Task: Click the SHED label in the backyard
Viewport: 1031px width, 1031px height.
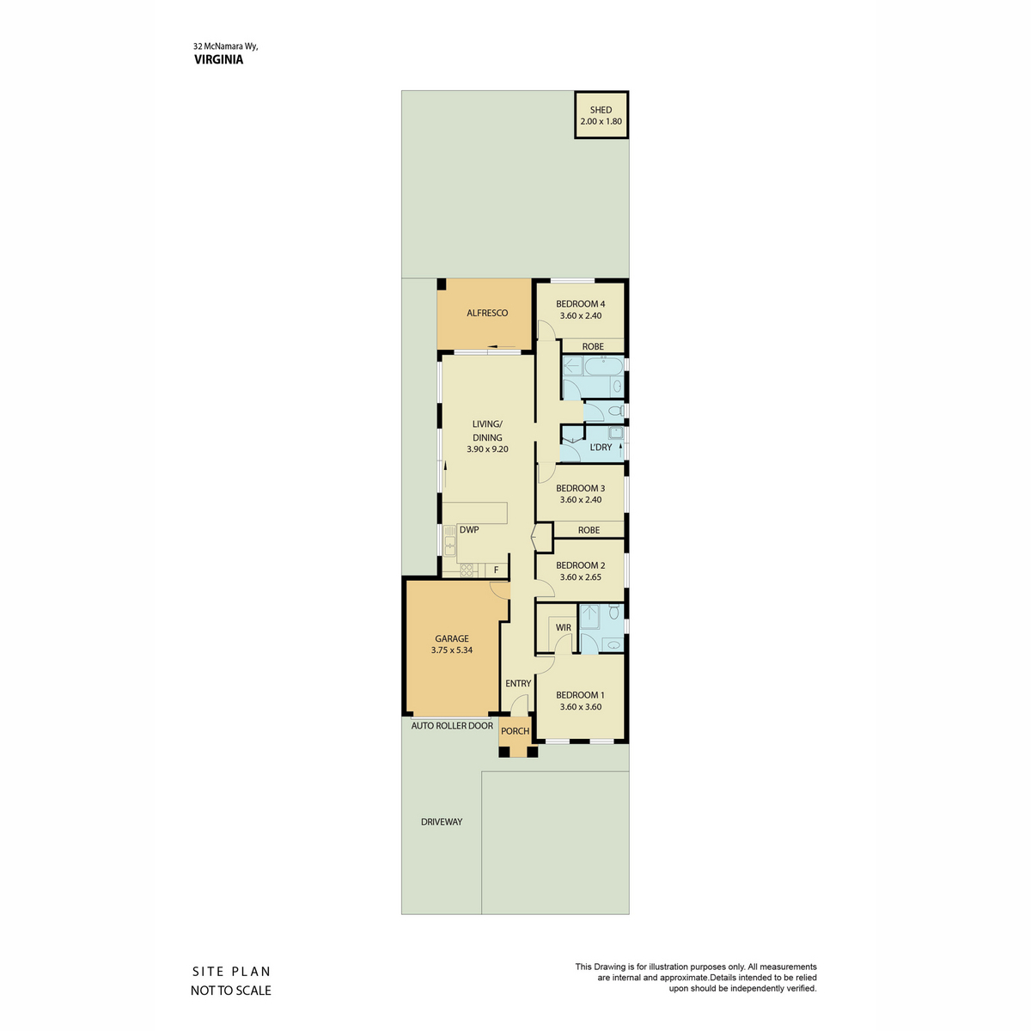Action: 601,110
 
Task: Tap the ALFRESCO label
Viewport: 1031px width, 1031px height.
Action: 487,313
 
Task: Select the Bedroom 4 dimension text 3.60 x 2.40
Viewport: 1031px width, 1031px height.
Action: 581,315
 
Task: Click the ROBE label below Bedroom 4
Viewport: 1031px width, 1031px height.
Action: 593,347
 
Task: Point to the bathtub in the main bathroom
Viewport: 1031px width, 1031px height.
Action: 603,367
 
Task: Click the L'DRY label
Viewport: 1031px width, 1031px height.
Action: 601,448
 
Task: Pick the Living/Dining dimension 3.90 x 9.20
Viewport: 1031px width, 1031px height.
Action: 487,449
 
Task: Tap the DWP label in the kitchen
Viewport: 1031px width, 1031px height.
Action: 469,530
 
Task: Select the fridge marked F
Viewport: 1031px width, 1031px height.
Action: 496,570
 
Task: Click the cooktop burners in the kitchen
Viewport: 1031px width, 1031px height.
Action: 467,570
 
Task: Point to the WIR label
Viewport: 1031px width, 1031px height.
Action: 563,627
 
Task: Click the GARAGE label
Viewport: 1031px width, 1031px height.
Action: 452,639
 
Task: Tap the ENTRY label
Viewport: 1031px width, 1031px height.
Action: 518,684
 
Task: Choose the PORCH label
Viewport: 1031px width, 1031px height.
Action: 515,731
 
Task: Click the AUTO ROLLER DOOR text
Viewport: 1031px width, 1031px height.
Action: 452,726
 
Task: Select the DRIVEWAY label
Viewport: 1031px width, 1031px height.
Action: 442,822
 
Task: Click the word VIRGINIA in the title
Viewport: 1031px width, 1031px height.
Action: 218,60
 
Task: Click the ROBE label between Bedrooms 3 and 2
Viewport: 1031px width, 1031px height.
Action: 589,530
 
